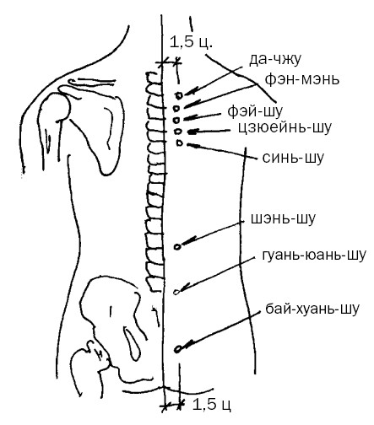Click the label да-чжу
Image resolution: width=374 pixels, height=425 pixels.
tap(275, 60)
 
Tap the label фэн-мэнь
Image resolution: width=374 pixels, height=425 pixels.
tap(302, 79)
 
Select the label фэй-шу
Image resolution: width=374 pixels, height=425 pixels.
tap(255, 111)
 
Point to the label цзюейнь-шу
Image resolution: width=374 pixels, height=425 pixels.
tap(285, 127)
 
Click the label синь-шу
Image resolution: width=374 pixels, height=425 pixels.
tap(293, 158)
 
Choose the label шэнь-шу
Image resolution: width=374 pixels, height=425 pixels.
tap(283, 218)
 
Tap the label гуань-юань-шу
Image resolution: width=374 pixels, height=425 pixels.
tap(314, 256)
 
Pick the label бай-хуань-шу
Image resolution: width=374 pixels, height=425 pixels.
tap(312, 309)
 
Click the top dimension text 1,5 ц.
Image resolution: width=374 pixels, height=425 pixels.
tap(191, 42)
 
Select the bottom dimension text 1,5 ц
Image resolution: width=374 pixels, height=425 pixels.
tap(212, 404)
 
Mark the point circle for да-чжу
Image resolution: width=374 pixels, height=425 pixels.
tap(179, 95)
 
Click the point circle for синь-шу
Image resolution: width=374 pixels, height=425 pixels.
tap(180, 143)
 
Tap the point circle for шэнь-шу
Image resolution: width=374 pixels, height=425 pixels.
tap(177, 247)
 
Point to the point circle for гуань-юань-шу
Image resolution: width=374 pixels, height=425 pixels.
tap(176, 292)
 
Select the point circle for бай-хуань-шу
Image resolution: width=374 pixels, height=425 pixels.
tap(177, 349)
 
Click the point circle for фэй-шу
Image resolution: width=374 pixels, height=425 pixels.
tap(176, 120)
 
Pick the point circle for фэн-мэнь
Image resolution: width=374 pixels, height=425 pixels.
tap(176, 108)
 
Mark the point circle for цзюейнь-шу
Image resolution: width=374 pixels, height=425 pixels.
tap(177, 132)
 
